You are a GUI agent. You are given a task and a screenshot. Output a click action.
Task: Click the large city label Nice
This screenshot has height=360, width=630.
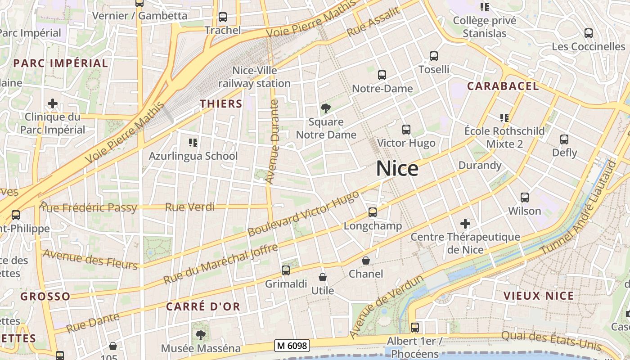(x=397, y=169)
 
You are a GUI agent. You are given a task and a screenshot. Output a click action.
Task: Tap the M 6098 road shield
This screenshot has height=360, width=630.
(x=292, y=346)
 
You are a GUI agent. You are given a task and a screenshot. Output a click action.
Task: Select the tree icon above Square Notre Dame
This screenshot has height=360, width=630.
(x=325, y=108)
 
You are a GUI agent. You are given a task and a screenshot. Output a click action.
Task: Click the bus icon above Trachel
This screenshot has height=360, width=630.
(x=222, y=18)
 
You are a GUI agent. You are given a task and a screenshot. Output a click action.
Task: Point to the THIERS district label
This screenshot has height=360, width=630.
(x=221, y=103)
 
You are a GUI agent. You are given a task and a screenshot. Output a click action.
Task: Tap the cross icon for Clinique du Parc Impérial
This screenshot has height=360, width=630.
(x=53, y=103)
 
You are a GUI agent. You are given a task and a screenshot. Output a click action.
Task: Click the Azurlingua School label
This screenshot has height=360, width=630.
(x=193, y=156)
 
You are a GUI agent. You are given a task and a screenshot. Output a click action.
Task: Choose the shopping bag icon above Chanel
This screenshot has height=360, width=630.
(x=366, y=261)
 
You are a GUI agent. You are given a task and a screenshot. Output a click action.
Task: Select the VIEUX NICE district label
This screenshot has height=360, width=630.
(x=538, y=296)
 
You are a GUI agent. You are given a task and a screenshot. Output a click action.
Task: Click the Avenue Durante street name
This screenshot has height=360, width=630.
(x=273, y=142)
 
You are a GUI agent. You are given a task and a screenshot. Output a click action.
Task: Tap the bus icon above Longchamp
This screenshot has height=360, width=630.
(x=372, y=212)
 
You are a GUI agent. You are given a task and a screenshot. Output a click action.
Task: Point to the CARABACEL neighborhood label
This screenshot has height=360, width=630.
(x=503, y=86)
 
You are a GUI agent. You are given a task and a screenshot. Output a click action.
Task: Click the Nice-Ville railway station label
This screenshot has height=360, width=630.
(x=254, y=77)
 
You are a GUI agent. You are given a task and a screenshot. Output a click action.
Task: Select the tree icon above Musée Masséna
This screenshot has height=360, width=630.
(x=200, y=335)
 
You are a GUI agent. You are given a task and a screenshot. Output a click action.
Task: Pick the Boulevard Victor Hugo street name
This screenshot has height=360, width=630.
(x=303, y=213)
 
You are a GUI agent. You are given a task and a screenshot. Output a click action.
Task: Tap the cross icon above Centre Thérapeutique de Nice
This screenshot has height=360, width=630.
(x=465, y=224)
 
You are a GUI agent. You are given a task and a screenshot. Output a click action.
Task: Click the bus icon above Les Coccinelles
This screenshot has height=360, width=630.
(x=588, y=33)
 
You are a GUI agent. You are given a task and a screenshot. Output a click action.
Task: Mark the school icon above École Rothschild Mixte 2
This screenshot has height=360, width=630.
(x=504, y=118)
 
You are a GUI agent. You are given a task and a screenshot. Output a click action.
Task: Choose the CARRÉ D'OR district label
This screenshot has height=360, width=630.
(x=203, y=306)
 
